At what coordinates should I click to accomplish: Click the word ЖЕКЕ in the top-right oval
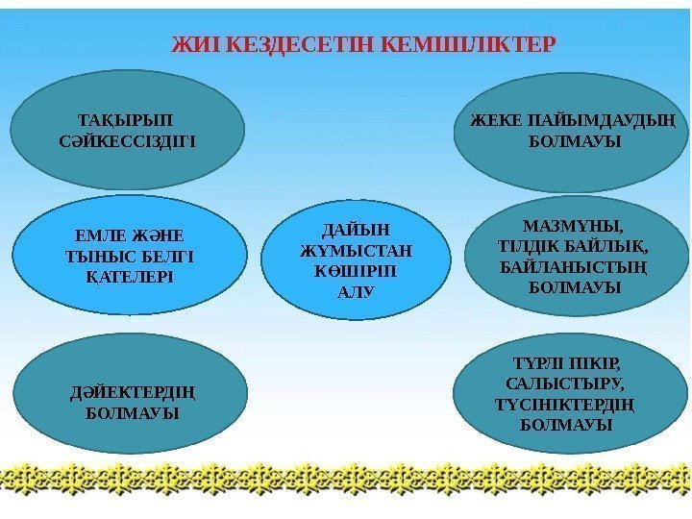pyautogui.click(x=490, y=121)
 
